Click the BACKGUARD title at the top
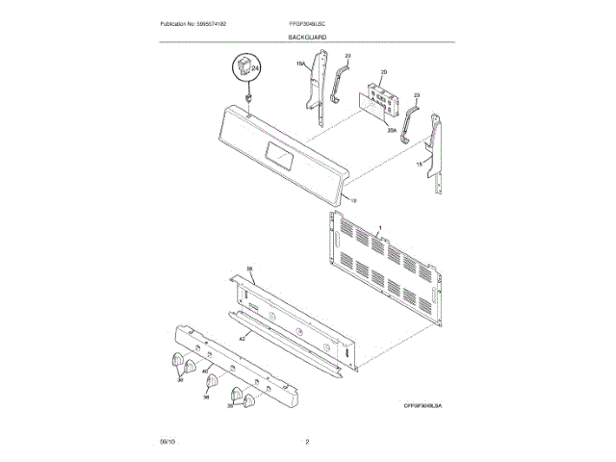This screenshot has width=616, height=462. [307, 36]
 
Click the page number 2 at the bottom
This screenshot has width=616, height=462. [307, 441]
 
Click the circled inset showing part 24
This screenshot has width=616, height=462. [245, 69]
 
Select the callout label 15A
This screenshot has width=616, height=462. [299, 64]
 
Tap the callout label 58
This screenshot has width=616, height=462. [248, 269]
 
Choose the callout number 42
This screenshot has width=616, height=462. [243, 338]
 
